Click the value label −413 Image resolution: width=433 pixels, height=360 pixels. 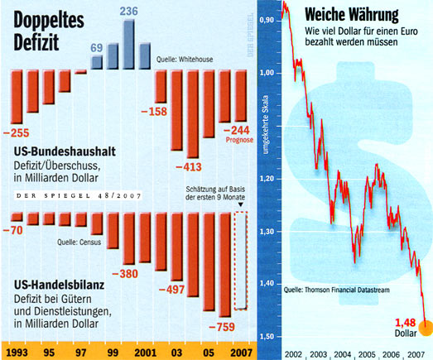[x=191, y=166]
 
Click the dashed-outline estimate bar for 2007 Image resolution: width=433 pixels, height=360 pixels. [x=241, y=260]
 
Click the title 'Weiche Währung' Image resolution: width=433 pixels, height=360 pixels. [x=349, y=15]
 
